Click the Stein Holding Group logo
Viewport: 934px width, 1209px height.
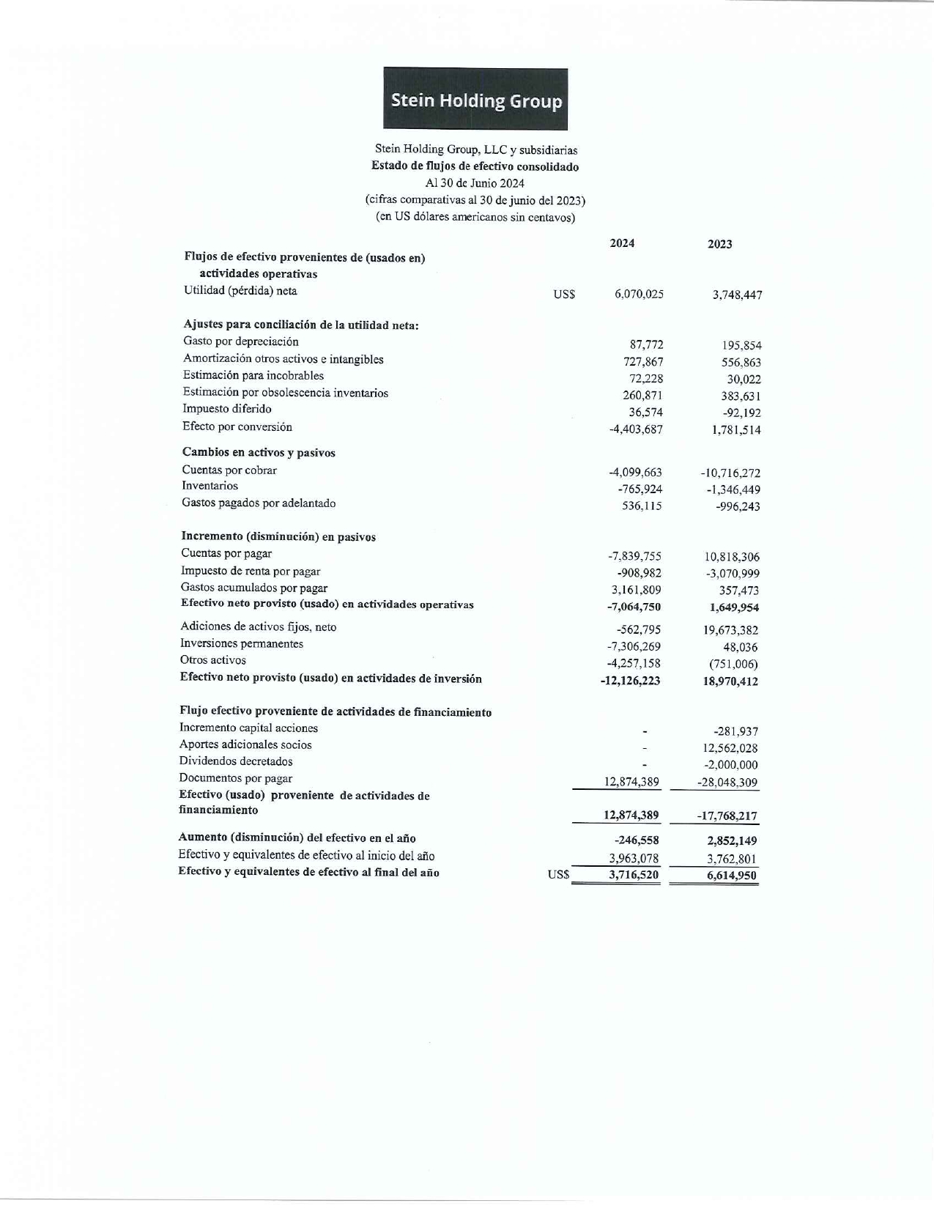475,99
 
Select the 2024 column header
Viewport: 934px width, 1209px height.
622,243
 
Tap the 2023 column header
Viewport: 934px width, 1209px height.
719,244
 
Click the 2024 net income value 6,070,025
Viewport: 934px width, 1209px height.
639,294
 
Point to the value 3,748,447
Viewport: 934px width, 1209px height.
737,295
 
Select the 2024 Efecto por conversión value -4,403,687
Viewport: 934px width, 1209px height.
636,429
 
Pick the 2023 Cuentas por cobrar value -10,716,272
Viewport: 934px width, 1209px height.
730,473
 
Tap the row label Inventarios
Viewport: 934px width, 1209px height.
210,486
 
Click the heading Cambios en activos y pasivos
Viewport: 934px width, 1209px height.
259,453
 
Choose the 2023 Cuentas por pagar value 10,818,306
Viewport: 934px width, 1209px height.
732,557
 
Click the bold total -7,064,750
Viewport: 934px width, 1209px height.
634,607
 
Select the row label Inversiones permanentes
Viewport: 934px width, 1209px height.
242,643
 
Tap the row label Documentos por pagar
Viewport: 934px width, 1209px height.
236,778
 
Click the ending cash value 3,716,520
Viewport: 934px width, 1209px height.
634,875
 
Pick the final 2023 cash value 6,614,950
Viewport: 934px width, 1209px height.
731,876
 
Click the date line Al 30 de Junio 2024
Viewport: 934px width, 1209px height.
475,183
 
